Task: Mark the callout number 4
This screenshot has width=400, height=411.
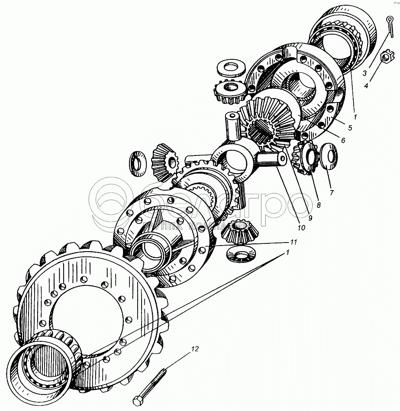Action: pos(366,86)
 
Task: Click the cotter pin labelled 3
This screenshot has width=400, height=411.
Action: pos(390,26)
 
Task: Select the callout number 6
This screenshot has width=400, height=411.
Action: pos(343,140)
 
